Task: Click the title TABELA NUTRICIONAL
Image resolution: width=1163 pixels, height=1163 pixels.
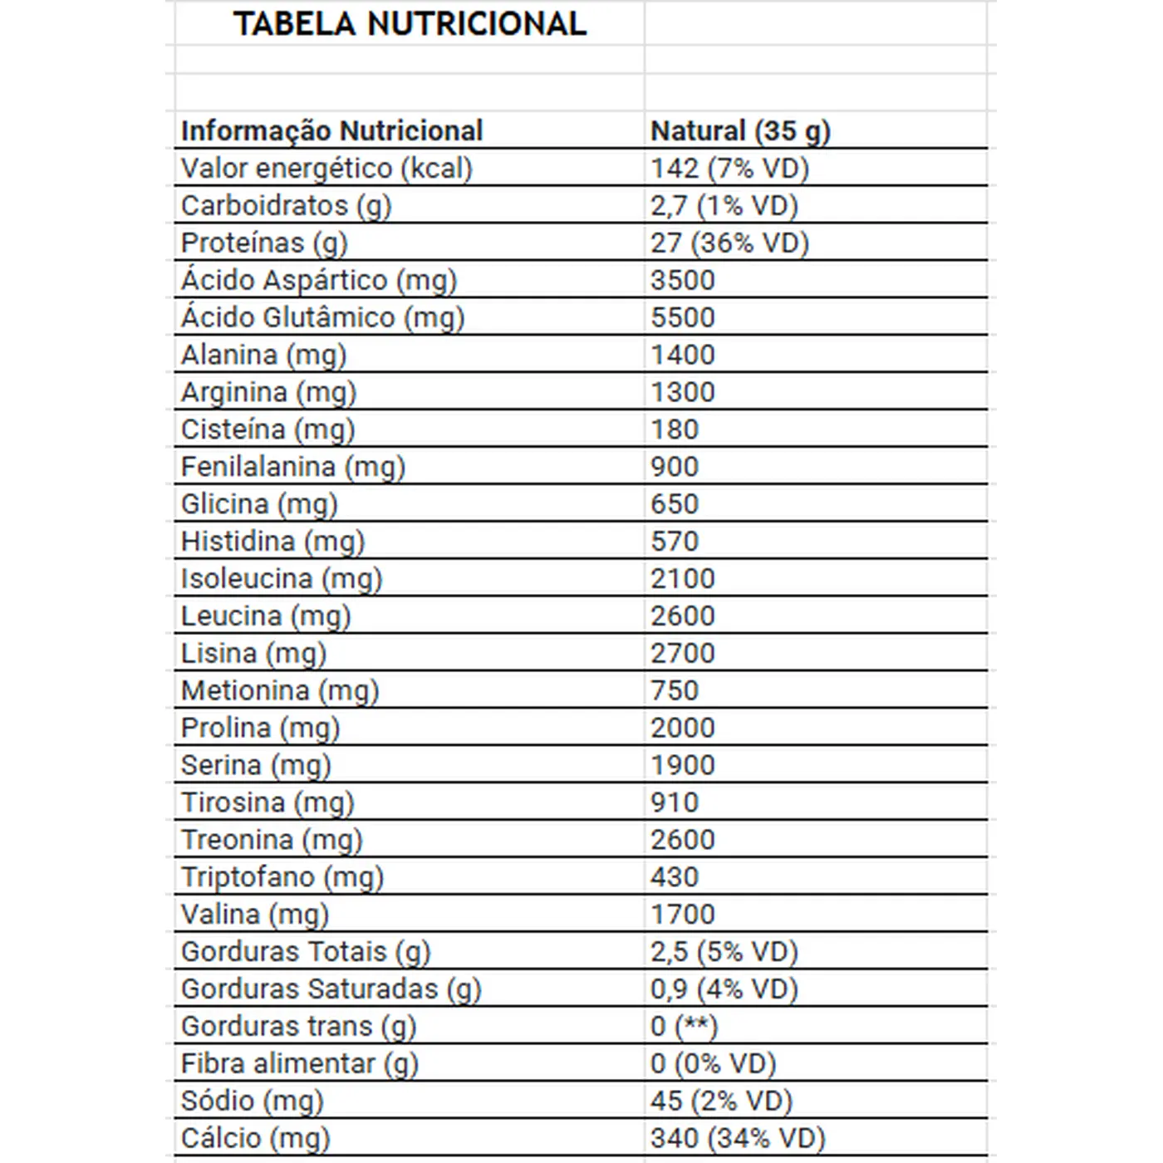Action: click(410, 23)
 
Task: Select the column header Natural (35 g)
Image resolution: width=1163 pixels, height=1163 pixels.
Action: click(740, 130)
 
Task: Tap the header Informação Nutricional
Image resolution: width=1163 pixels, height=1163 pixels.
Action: click(331, 130)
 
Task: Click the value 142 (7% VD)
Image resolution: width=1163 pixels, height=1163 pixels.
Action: click(729, 168)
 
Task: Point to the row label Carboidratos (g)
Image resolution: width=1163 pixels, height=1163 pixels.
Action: click(286, 205)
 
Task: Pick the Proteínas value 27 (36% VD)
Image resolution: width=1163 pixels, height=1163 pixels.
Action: click(729, 243)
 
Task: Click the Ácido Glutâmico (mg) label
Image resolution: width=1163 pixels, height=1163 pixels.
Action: click(322, 317)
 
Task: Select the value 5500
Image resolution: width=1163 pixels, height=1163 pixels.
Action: click(682, 317)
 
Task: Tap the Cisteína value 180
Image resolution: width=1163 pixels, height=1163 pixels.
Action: click(675, 429)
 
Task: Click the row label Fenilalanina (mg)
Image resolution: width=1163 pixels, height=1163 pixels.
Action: click(292, 467)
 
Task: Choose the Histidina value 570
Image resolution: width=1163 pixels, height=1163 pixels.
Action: click(675, 542)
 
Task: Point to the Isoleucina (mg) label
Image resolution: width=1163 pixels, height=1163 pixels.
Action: click(281, 578)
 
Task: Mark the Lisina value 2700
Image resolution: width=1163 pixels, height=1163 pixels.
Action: click(682, 653)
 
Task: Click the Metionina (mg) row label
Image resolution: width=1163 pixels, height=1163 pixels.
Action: click(279, 690)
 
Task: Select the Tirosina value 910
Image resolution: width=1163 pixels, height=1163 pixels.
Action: click(675, 802)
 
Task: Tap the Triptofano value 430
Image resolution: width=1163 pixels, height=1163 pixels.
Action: click(675, 876)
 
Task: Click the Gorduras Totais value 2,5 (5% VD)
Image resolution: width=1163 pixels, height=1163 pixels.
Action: click(724, 951)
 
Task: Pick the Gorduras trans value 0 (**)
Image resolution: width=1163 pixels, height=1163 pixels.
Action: click(684, 1026)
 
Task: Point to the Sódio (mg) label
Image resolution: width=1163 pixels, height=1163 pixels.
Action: click(252, 1101)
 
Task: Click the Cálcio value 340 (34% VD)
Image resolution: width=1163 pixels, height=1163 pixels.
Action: click(738, 1137)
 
